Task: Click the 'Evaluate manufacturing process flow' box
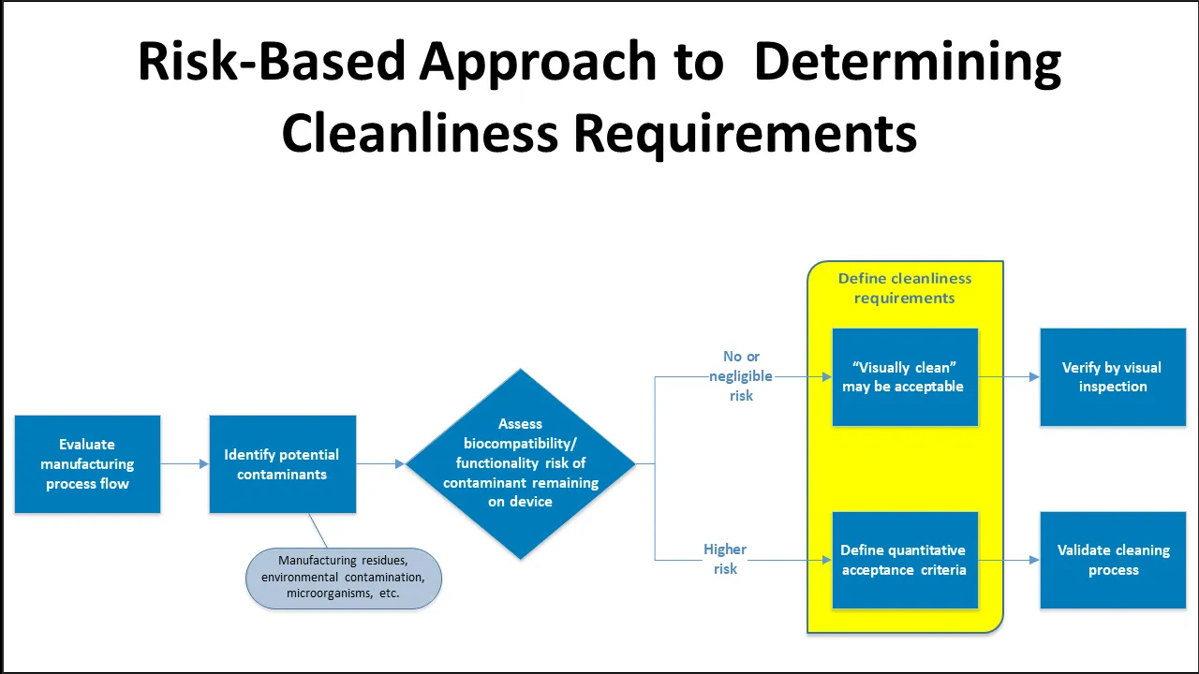tap(87, 464)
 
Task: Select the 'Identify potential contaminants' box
tap(282, 464)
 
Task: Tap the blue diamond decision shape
tap(520, 463)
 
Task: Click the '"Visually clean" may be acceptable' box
tap(904, 377)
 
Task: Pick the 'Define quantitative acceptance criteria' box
tap(904, 560)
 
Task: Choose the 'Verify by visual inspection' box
tap(1113, 377)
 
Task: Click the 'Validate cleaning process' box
tap(1113, 560)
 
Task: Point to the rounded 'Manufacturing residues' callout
tap(343, 578)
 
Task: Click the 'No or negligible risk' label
tap(741, 375)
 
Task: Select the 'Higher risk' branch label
tap(725, 559)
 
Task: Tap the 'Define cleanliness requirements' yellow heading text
tap(904, 288)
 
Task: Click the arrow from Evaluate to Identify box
tap(185, 463)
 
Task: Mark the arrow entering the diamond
tap(381, 463)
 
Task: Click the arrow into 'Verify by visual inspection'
tap(1010, 377)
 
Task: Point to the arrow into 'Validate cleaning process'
tap(1010, 560)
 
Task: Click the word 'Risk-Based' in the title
tap(271, 63)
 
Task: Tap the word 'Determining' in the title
tap(907, 63)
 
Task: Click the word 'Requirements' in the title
tap(745, 133)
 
